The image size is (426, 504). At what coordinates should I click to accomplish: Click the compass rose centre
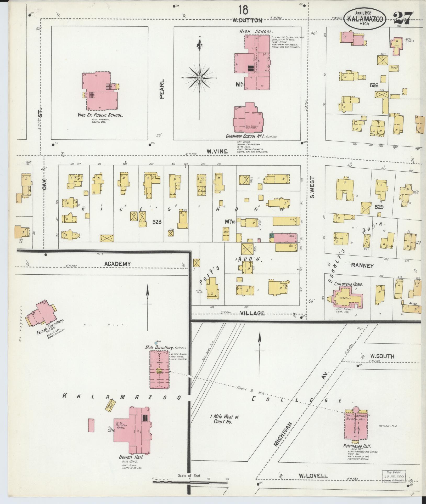199,78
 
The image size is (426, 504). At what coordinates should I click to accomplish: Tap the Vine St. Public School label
100,115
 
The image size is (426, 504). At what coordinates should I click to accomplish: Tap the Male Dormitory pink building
159,370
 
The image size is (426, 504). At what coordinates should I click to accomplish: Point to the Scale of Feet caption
189,475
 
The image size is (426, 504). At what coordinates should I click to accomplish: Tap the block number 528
157,222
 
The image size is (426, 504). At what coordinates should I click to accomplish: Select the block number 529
379,207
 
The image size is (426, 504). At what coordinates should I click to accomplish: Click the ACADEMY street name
117,264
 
